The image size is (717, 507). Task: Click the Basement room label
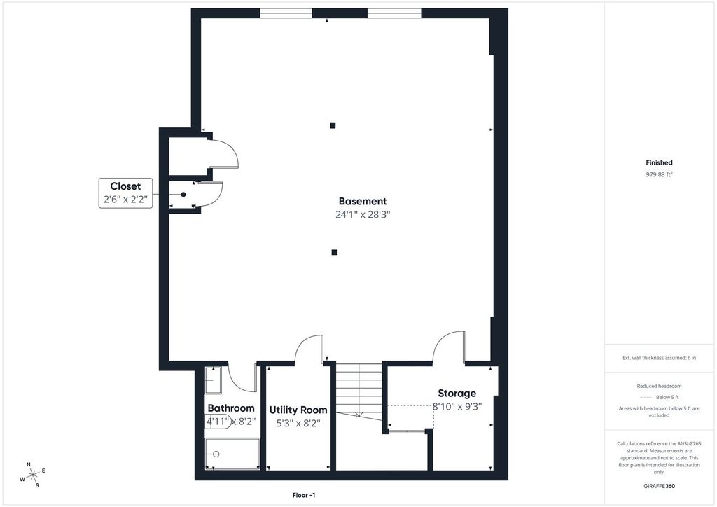point(363,201)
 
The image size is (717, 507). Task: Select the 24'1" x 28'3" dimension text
point(363,214)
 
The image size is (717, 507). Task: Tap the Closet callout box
point(126,193)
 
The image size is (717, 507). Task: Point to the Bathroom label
point(231,408)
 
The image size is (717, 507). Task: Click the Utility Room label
point(298,410)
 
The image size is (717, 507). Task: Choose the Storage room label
point(457,393)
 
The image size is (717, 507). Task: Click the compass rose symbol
point(33,475)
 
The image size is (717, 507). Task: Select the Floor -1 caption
point(304,495)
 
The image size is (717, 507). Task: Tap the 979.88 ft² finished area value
point(659,174)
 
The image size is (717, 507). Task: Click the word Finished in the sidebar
point(659,162)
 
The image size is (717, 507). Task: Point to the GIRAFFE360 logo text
point(659,486)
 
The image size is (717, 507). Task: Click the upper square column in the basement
point(333,125)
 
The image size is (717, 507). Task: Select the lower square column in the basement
point(335,252)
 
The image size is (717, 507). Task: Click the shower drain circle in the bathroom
point(216,454)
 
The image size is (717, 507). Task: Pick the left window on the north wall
point(286,13)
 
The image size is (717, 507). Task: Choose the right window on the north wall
point(394,13)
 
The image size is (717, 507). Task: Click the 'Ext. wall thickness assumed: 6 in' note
point(659,358)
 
